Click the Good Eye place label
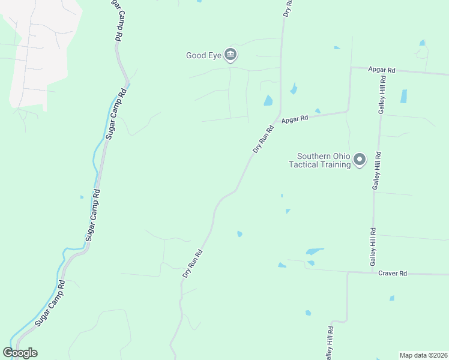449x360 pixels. coord(203,56)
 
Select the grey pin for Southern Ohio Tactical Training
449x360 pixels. coord(360,160)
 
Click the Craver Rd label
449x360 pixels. coord(393,273)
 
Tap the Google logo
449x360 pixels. coord(20,353)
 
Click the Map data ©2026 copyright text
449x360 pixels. coord(423,355)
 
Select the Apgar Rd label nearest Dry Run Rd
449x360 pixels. coord(294,119)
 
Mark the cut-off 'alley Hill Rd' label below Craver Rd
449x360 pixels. coord(330,343)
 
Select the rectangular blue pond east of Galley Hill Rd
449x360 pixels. coord(403,96)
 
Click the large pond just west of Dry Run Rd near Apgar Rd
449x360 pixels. coord(268,101)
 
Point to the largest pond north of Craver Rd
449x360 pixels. coord(314,251)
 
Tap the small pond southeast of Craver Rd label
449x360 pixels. coord(391,298)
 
